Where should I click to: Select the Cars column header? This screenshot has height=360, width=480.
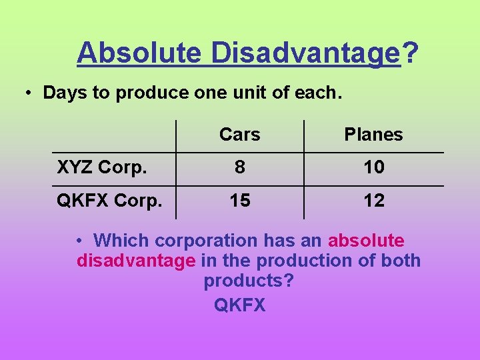(x=239, y=135)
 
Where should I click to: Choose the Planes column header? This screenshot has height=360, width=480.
(x=373, y=135)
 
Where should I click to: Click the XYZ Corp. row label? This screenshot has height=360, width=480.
(x=102, y=167)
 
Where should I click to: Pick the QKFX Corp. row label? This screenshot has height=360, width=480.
(x=109, y=201)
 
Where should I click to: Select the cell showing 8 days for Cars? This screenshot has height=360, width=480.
(x=239, y=167)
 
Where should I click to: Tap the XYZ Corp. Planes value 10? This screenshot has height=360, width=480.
(x=373, y=167)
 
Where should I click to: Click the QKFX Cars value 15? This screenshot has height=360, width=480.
(x=239, y=201)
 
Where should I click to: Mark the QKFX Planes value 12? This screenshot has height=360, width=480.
(x=373, y=201)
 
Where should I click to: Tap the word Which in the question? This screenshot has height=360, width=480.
(x=118, y=240)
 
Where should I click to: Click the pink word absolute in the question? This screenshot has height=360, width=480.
(x=366, y=240)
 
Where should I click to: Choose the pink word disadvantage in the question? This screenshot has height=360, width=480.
(x=136, y=261)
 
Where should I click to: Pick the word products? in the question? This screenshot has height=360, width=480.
(x=248, y=281)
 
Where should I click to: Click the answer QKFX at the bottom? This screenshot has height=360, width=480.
(x=239, y=305)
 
